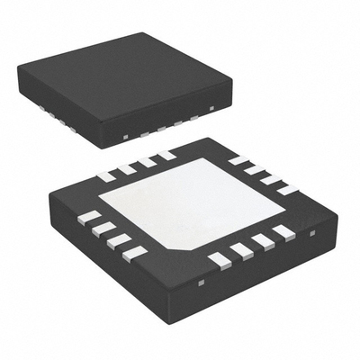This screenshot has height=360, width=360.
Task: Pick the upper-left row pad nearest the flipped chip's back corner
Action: (x=166, y=155)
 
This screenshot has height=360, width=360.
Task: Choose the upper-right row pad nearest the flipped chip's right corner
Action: (x=287, y=189)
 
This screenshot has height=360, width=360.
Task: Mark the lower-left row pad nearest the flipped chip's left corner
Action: (x=90, y=217)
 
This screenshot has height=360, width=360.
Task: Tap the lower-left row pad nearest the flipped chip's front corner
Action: (x=135, y=253)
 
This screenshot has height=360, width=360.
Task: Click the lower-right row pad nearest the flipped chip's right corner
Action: (x=284, y=232)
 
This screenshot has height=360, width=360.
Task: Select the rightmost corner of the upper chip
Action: (x=232, y=84)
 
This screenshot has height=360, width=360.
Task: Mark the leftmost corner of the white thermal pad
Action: (x=98, y=196)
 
